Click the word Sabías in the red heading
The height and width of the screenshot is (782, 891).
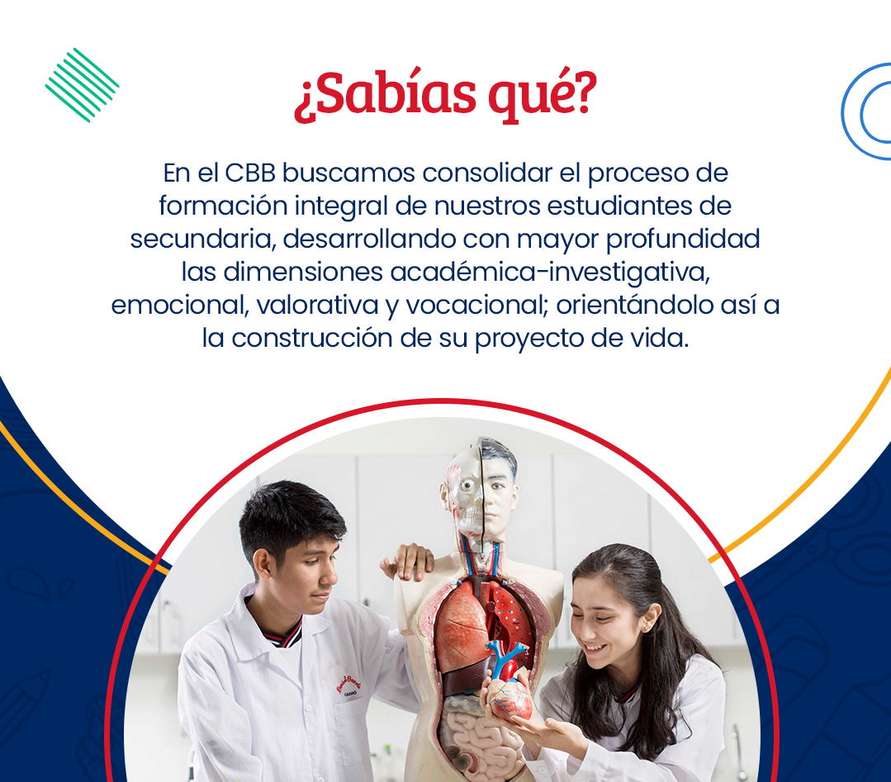pos(385,94)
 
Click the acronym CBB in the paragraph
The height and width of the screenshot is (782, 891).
pos(250,173)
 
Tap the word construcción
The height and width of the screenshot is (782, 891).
pos(312,339)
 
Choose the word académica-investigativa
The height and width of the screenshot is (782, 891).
pos(549,273)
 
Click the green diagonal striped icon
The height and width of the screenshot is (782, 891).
pos(82,85)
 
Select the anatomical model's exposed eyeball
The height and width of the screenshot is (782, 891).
pos(467,485)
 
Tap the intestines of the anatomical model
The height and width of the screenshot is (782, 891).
pos(476,736)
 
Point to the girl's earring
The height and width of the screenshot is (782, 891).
pos(647,628)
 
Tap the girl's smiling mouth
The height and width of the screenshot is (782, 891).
pos(595,647)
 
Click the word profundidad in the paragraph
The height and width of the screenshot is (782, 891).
pos(683,239)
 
